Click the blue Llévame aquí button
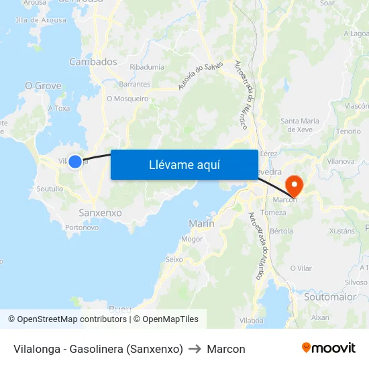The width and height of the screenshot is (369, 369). coord(184,164)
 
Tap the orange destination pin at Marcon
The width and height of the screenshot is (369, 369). coord(294,184)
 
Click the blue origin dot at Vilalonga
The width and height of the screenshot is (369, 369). coord(75,161)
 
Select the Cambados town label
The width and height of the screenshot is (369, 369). coord(93,62)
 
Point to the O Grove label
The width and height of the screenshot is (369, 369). coord(43,86)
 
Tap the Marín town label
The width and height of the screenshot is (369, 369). coord(202,223)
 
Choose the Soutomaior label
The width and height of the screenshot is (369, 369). coord(329,296)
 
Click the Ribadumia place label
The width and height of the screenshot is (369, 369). coord(147,68)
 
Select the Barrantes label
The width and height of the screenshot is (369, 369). coord(134,85)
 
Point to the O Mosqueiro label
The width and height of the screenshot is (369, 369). coord(127,99)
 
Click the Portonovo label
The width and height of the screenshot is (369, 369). coord(82,227)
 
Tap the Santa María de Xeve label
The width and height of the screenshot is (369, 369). coord(299,125)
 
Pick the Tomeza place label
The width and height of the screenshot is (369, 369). coord(273,213)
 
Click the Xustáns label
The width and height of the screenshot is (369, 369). coord(342,231)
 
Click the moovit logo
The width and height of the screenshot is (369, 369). coord(329,348)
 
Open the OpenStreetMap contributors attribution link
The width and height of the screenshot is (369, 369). coord(67,319)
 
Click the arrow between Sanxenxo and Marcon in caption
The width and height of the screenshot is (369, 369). coord(195,349)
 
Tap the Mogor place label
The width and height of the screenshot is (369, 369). coord(192,239)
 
